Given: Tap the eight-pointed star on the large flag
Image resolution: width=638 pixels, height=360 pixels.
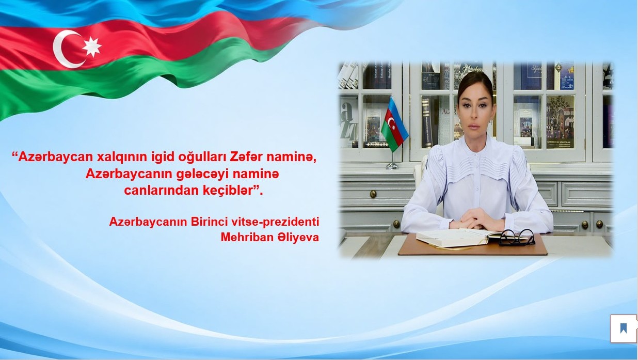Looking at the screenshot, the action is tap(92, 46).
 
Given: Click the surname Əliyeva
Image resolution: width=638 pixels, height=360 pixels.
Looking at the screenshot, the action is tap(294, 238).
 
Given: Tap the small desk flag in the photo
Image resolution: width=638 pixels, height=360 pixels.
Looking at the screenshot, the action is tap(394, 124).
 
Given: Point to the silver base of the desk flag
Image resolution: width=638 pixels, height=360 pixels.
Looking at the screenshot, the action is tap(392, 166).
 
